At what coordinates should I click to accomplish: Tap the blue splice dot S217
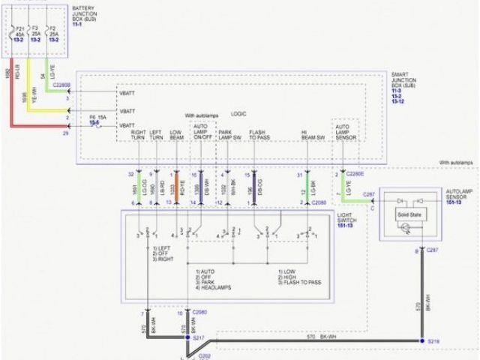tap(187, 339)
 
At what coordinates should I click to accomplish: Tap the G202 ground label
tap(204, 355)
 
